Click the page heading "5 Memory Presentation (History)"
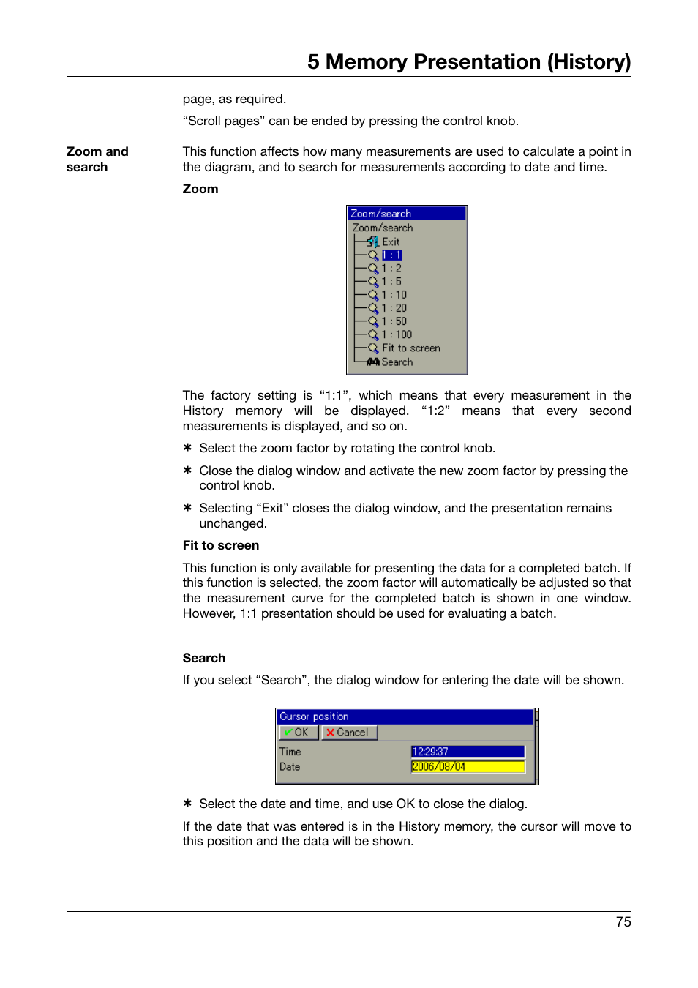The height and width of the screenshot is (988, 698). point(469,61)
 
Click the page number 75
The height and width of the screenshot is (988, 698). point(623,922)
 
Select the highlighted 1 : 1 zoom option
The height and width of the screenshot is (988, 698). point(391,255)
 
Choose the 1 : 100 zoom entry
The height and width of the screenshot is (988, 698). point(396,334)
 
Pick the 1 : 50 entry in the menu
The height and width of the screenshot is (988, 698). point(394,321)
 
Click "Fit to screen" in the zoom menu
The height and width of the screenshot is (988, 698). point(410,348)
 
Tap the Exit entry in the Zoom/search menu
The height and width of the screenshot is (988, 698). point(391,242)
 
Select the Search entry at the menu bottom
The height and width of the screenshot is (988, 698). point(397,362)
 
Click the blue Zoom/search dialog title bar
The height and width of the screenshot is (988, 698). point(406,214)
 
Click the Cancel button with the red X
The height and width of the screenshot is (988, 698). point(349,733)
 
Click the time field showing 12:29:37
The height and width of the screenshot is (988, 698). point(468,752)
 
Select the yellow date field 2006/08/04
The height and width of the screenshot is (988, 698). point(468,767)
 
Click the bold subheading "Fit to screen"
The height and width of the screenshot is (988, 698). point(221,545)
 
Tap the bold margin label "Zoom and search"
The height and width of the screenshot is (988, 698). point(97,159)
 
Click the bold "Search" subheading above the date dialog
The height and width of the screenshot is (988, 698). point(204,658)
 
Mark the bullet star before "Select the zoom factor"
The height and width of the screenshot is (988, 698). point(187,448)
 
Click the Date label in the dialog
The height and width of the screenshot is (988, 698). point(290,767)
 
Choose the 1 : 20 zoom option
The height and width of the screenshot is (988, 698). point(394,308)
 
